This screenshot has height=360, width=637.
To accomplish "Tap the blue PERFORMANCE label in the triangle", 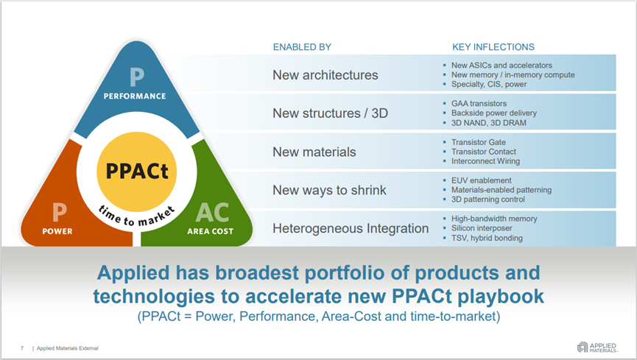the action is click(x=134, y=96).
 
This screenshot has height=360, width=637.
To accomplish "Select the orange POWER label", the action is click(x=57, y=230).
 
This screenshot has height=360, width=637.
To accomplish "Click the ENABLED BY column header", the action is click(x=302, y=47).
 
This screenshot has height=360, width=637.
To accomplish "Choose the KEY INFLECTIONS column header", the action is click(x=493, y=47).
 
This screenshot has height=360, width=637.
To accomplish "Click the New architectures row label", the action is click(x=325, y=75).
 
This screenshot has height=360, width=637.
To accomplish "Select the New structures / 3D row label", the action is click(x=330, y=113).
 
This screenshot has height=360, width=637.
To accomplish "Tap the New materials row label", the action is click(x=314, y=152).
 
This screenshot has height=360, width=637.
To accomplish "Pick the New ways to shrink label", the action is click(x=329, y=190).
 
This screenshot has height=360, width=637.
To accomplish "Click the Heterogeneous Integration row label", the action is click(x=351, y=228).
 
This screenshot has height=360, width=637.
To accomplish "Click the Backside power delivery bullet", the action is click(x=493, y=113).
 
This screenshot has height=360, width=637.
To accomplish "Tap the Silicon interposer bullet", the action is click(x=484, y=228).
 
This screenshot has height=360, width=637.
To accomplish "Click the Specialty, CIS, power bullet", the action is click(x=489, y=85).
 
